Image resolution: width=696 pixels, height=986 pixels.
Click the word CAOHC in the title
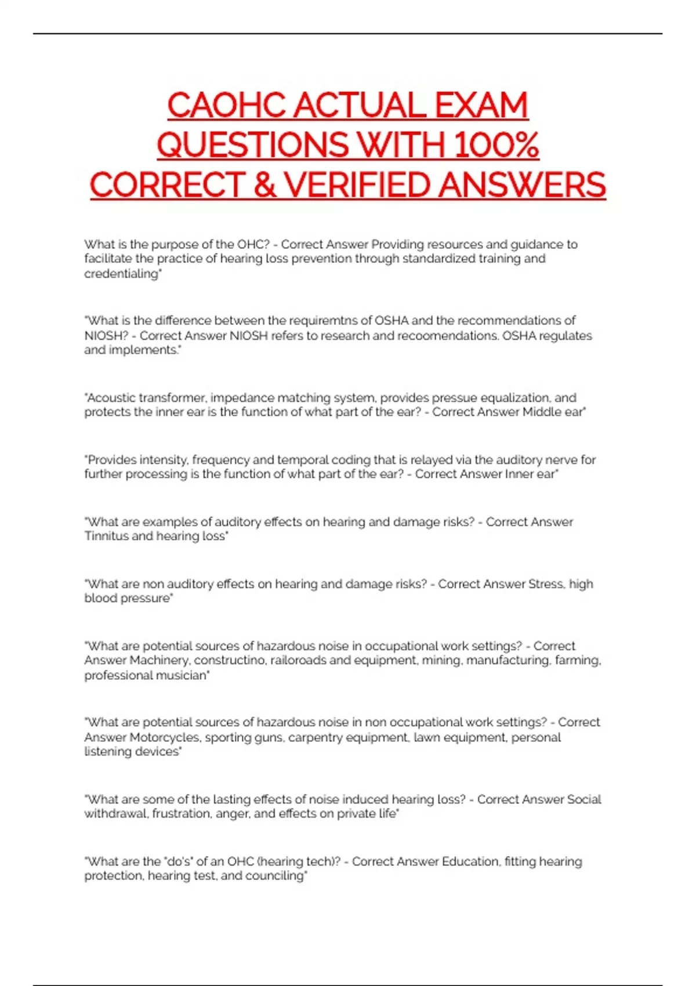[x=227, y=106]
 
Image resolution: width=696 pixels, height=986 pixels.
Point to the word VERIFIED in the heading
[x=358, y=185]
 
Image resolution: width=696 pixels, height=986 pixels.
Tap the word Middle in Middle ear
[x=542, y=412]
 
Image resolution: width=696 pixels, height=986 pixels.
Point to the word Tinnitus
[x=106, y=536]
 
